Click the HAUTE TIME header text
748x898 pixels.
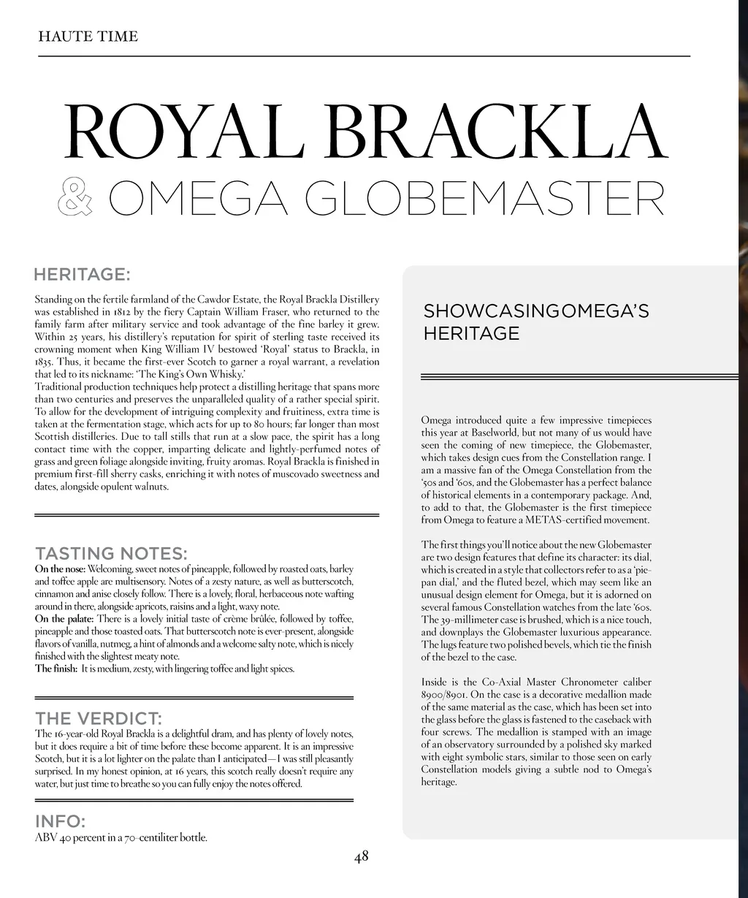click(x=88, y=37)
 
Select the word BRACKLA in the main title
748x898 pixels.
click(x=497, y=134)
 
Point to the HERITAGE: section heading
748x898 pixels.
click(x=82, y=275)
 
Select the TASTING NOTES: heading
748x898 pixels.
click(x=111, y=553)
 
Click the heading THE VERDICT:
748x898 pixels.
click(x=99, y=718)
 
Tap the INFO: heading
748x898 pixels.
click(x=60, y=822)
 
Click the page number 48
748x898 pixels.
click(x=361, y=857)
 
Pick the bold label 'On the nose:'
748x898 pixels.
click(x=61, y=569)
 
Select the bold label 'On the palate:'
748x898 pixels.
click(x=64, y=619)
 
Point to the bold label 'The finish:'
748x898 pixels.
click(x=56, y=669)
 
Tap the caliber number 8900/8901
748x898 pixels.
click(x=444, y=695)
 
